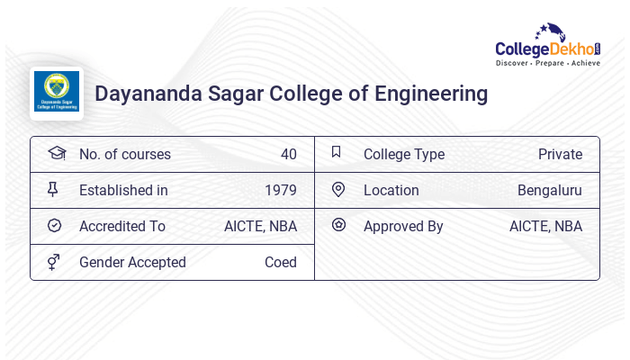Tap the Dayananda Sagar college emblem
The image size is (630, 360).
(57, 94)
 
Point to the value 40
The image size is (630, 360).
(288, 154)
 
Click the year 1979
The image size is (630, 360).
(281, 190)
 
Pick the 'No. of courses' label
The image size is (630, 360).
(124, 154)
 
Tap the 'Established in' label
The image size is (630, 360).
(123, 190)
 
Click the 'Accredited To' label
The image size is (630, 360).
(122, 226)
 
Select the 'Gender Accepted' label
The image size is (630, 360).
(132, 262)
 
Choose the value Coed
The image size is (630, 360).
(280, 262)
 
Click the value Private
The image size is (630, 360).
(560, 154)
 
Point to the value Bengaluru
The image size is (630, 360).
(549, 190)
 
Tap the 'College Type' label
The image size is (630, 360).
(403, 154)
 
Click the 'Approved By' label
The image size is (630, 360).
(403, 226)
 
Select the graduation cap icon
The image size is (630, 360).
(56, 153)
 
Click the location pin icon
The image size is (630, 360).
(338, 189)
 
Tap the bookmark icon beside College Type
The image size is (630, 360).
(337, 152)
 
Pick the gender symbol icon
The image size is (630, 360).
(54, 262)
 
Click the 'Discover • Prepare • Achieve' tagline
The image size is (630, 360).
(548, 64)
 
